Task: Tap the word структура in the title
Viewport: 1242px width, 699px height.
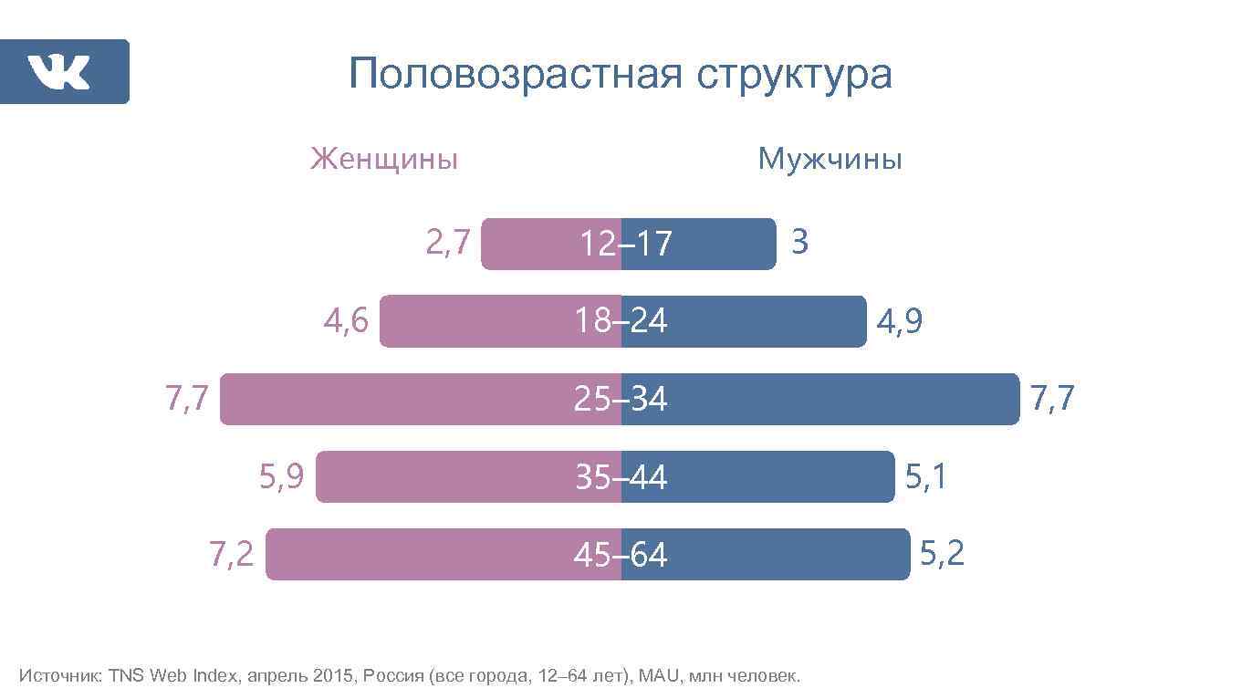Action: [x=794, y=75]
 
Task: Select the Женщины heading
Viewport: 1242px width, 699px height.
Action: [x=384, y=160]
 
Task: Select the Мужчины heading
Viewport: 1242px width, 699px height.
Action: [x=830, y=160]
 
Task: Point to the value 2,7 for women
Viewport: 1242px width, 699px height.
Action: [x=448, y=243]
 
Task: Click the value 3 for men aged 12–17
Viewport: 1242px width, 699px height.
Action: [x=799, y=243]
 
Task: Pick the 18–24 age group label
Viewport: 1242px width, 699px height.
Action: [x=621, y=321]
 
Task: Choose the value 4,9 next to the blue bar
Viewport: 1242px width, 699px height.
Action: [x=899, y=322]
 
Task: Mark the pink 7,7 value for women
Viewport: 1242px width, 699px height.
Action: [x=187, y=399]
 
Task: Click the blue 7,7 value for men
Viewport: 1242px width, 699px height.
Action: [x=1052, y=399]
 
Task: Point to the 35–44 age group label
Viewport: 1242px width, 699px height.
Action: [x=621, y=477]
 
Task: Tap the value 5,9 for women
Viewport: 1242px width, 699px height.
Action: [x=282, y=476]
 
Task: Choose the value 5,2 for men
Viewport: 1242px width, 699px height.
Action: [x=942, y=554]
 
